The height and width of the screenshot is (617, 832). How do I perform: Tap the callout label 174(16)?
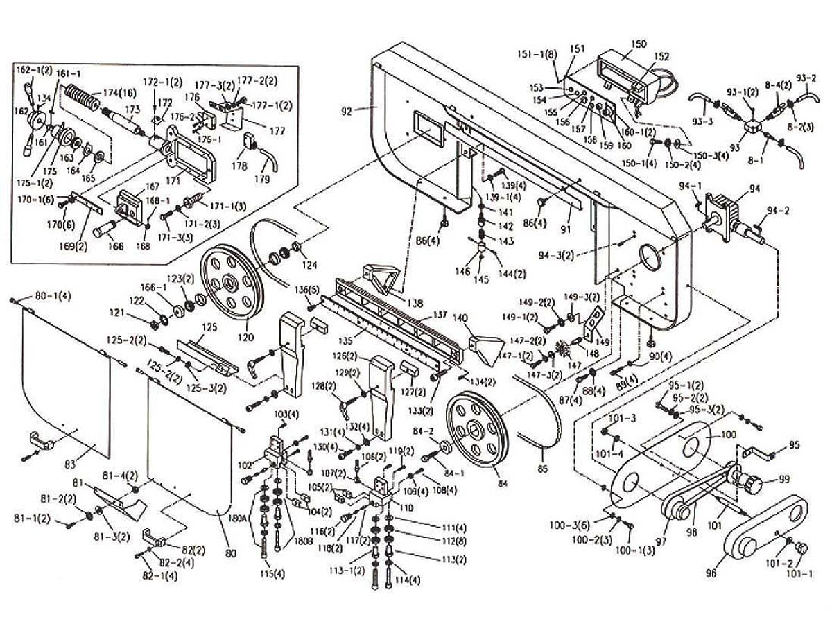tap(119, 92)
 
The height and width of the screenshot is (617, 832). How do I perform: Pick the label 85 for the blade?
tap(542, 469)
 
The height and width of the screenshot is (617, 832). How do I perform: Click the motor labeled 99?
tap(751, 481)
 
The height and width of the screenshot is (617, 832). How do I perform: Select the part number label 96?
tap(711, 573)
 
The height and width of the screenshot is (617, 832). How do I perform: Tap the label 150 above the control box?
tap(638, 44)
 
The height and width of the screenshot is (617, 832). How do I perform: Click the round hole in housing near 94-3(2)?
tap(651, 257)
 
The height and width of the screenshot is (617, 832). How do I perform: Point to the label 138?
tap(415, 303)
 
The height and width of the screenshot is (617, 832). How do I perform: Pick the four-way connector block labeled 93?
tap(752, 129)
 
